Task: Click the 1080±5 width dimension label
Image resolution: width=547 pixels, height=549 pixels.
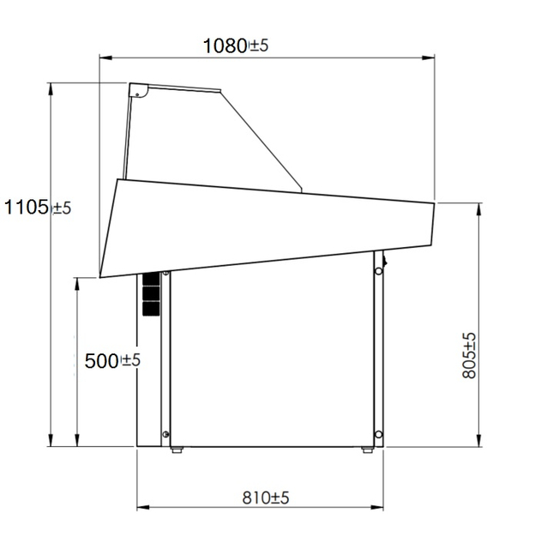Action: pyautogui.click(x=235, y=45)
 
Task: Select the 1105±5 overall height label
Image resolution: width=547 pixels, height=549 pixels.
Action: pyautogui.click(x=37, y=207)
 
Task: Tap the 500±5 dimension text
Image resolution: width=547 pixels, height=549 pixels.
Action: pyautogui.click(x=112, y=361)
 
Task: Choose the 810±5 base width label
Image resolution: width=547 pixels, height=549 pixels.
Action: pyautogui.click(x=265, y=498)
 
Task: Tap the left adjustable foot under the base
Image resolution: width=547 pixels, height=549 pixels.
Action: pyautogui.click(x=177, y=449)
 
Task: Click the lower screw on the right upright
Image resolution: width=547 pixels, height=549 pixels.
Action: pyautogui.click(x=377, y=431)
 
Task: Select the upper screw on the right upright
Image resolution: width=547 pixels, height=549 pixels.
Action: pyautogui.click(x=377, y=274)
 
